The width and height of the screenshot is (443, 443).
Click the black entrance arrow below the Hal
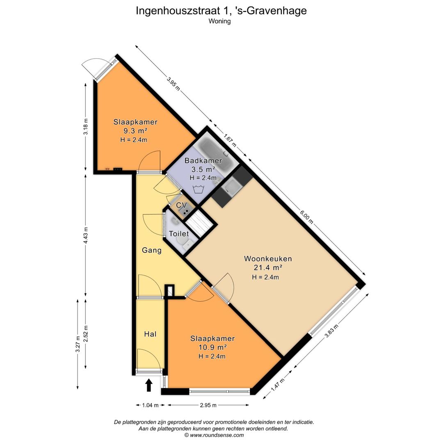149,385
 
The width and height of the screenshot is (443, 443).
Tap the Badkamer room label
203,161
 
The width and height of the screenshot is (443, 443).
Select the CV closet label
181,205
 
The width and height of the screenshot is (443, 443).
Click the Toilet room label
179,234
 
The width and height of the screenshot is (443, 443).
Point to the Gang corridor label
151,250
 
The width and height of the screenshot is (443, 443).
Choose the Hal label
150,334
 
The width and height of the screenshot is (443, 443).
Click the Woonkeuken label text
268,259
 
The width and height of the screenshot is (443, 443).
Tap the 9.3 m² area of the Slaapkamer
135,131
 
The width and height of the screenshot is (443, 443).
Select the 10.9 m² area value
212,347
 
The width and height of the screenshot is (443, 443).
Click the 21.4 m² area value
268,268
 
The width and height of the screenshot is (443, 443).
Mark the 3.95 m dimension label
173,84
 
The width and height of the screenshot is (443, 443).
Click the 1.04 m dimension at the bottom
150,405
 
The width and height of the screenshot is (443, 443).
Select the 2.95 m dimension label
208,405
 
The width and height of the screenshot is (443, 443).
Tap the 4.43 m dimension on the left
86,235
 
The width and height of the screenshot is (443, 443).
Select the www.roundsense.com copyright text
214,435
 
